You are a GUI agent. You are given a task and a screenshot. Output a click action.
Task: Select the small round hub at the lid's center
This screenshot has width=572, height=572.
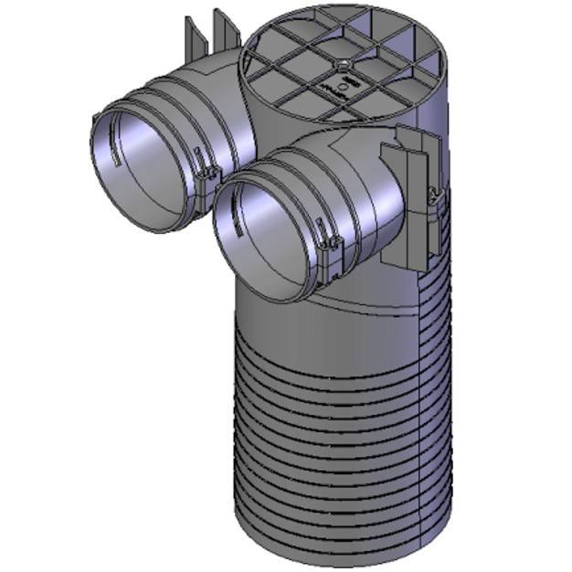pos(340,65)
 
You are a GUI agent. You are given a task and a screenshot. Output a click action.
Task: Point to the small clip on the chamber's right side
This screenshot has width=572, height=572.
pos(438,194)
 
